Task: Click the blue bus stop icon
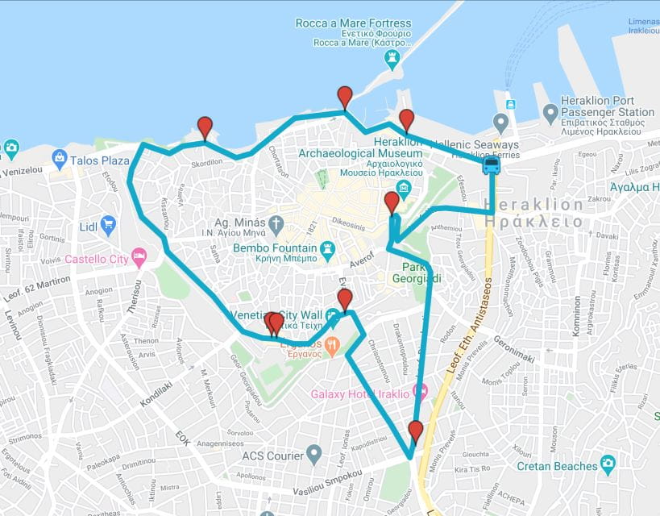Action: [x=491, y=165]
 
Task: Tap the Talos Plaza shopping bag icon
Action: [x=59, y=160]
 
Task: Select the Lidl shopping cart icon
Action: [x=108, y=225]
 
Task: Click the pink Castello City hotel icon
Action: [x=139, y=258]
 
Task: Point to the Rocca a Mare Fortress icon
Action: [x=392, y=58]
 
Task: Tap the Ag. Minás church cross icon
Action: [x=276, y=223]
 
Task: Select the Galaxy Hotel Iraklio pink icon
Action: [x=420, y=393]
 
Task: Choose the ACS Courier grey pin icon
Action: [x=314, y=456]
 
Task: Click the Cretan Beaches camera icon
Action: [x=608, y=464]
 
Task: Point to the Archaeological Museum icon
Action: [x=404, y=187]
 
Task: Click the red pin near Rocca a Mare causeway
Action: [x=345, y=97]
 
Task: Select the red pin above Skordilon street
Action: [x=205, y=127]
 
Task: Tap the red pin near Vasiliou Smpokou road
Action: [x=415, y=431]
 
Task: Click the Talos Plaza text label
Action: [x=100, y=160]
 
